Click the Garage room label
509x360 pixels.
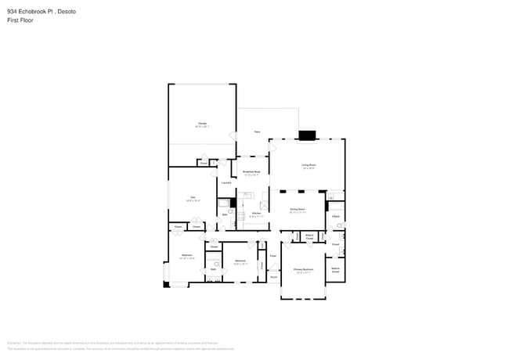click(202, 123)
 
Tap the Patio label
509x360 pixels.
click(257, 131)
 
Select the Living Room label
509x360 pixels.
click(309, 164)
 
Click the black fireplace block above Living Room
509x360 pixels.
click(308, 135)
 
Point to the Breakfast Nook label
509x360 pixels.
click(251, 171)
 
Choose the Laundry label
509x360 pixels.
click(226, 182)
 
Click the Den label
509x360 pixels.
click(193, 197)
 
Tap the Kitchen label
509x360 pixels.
click(256, 212)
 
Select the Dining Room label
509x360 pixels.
click(298, 209)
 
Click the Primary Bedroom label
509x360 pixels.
click(303, 269)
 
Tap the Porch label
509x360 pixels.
click(273, 276)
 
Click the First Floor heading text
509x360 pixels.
click(20, 20)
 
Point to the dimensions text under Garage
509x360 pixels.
click(202, 127)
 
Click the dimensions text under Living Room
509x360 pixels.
click(309, 168)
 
